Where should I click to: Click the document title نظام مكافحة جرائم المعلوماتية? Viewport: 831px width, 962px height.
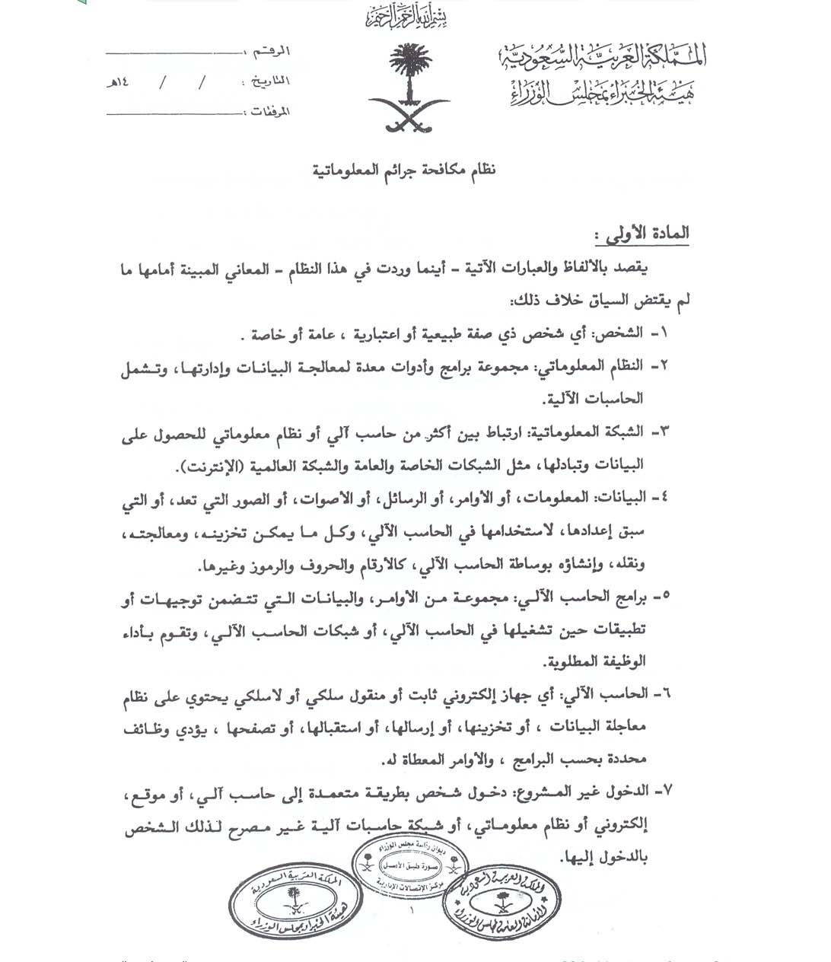(404, 170)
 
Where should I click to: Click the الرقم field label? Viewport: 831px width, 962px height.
(275, 53)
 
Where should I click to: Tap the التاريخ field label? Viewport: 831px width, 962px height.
(267, 81)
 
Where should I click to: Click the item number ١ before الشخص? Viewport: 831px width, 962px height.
(659, 333)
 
